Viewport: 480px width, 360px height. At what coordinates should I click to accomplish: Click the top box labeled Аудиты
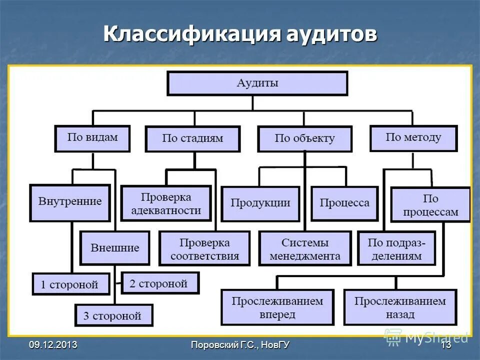pyautogui.click(x=257, y=83)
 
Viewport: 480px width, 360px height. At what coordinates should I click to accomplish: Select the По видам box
pyautogui.click(x=92, y=138)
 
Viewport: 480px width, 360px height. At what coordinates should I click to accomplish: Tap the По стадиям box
pyautogui.click(x=192, y=138)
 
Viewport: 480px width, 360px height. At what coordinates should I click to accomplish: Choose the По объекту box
pyautogui.click(x=304, y=138)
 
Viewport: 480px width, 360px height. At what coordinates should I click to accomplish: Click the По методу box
pyautogui.click(x=413, y=137)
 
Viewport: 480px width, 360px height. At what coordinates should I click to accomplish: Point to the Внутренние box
pyautogui.click(x=70, y=202)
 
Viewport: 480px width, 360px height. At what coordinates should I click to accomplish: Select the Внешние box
pyautogui.click(x=115, y=248)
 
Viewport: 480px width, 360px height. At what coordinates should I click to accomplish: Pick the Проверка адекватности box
pyautogui.click(x=166, y=203)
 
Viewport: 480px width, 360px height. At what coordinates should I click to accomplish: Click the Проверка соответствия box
pyautogui.click(x=204, y=249)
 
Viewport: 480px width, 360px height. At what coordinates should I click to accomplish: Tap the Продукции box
pyautogui.click(x=260, y=203)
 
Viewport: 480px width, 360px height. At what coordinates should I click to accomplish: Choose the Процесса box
pyautogui.click(x=344, y=203)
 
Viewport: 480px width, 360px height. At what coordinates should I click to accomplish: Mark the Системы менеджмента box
pyautogui.click(x=304, y=249)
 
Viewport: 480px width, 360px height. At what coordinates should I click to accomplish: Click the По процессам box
pyautogui.click(x=430, y=205)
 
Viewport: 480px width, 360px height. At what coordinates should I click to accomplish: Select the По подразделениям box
pyautogui.click(x=396, y=249)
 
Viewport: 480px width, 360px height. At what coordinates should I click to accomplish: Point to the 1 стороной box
pyautogui.click(x=71, y=284)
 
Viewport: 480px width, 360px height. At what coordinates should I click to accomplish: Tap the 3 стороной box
pyautogui.click(x=114, y=315)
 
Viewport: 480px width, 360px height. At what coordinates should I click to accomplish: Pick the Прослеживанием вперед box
pyautogui.click(x=277, y=307)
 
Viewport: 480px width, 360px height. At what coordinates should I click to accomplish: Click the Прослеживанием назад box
pyautogui.click(x=400, y=307)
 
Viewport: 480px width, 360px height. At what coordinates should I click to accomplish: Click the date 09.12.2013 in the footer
pyautogui.click(x=53, y=345)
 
